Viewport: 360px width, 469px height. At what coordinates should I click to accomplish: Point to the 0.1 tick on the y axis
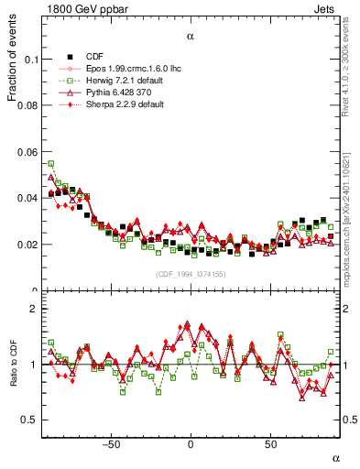click(31, 59)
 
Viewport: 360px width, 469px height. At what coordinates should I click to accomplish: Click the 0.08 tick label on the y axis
click(28, 105)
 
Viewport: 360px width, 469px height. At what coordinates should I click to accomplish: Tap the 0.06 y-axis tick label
click(28, 152)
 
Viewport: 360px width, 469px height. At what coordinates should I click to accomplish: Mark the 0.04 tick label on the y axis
click(28, 198)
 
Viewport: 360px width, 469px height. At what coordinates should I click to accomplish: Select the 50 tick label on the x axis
click(270, 444)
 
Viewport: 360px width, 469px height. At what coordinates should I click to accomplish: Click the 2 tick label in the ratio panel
click(34, 310)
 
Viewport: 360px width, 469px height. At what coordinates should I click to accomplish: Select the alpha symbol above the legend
click(190, 37)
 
